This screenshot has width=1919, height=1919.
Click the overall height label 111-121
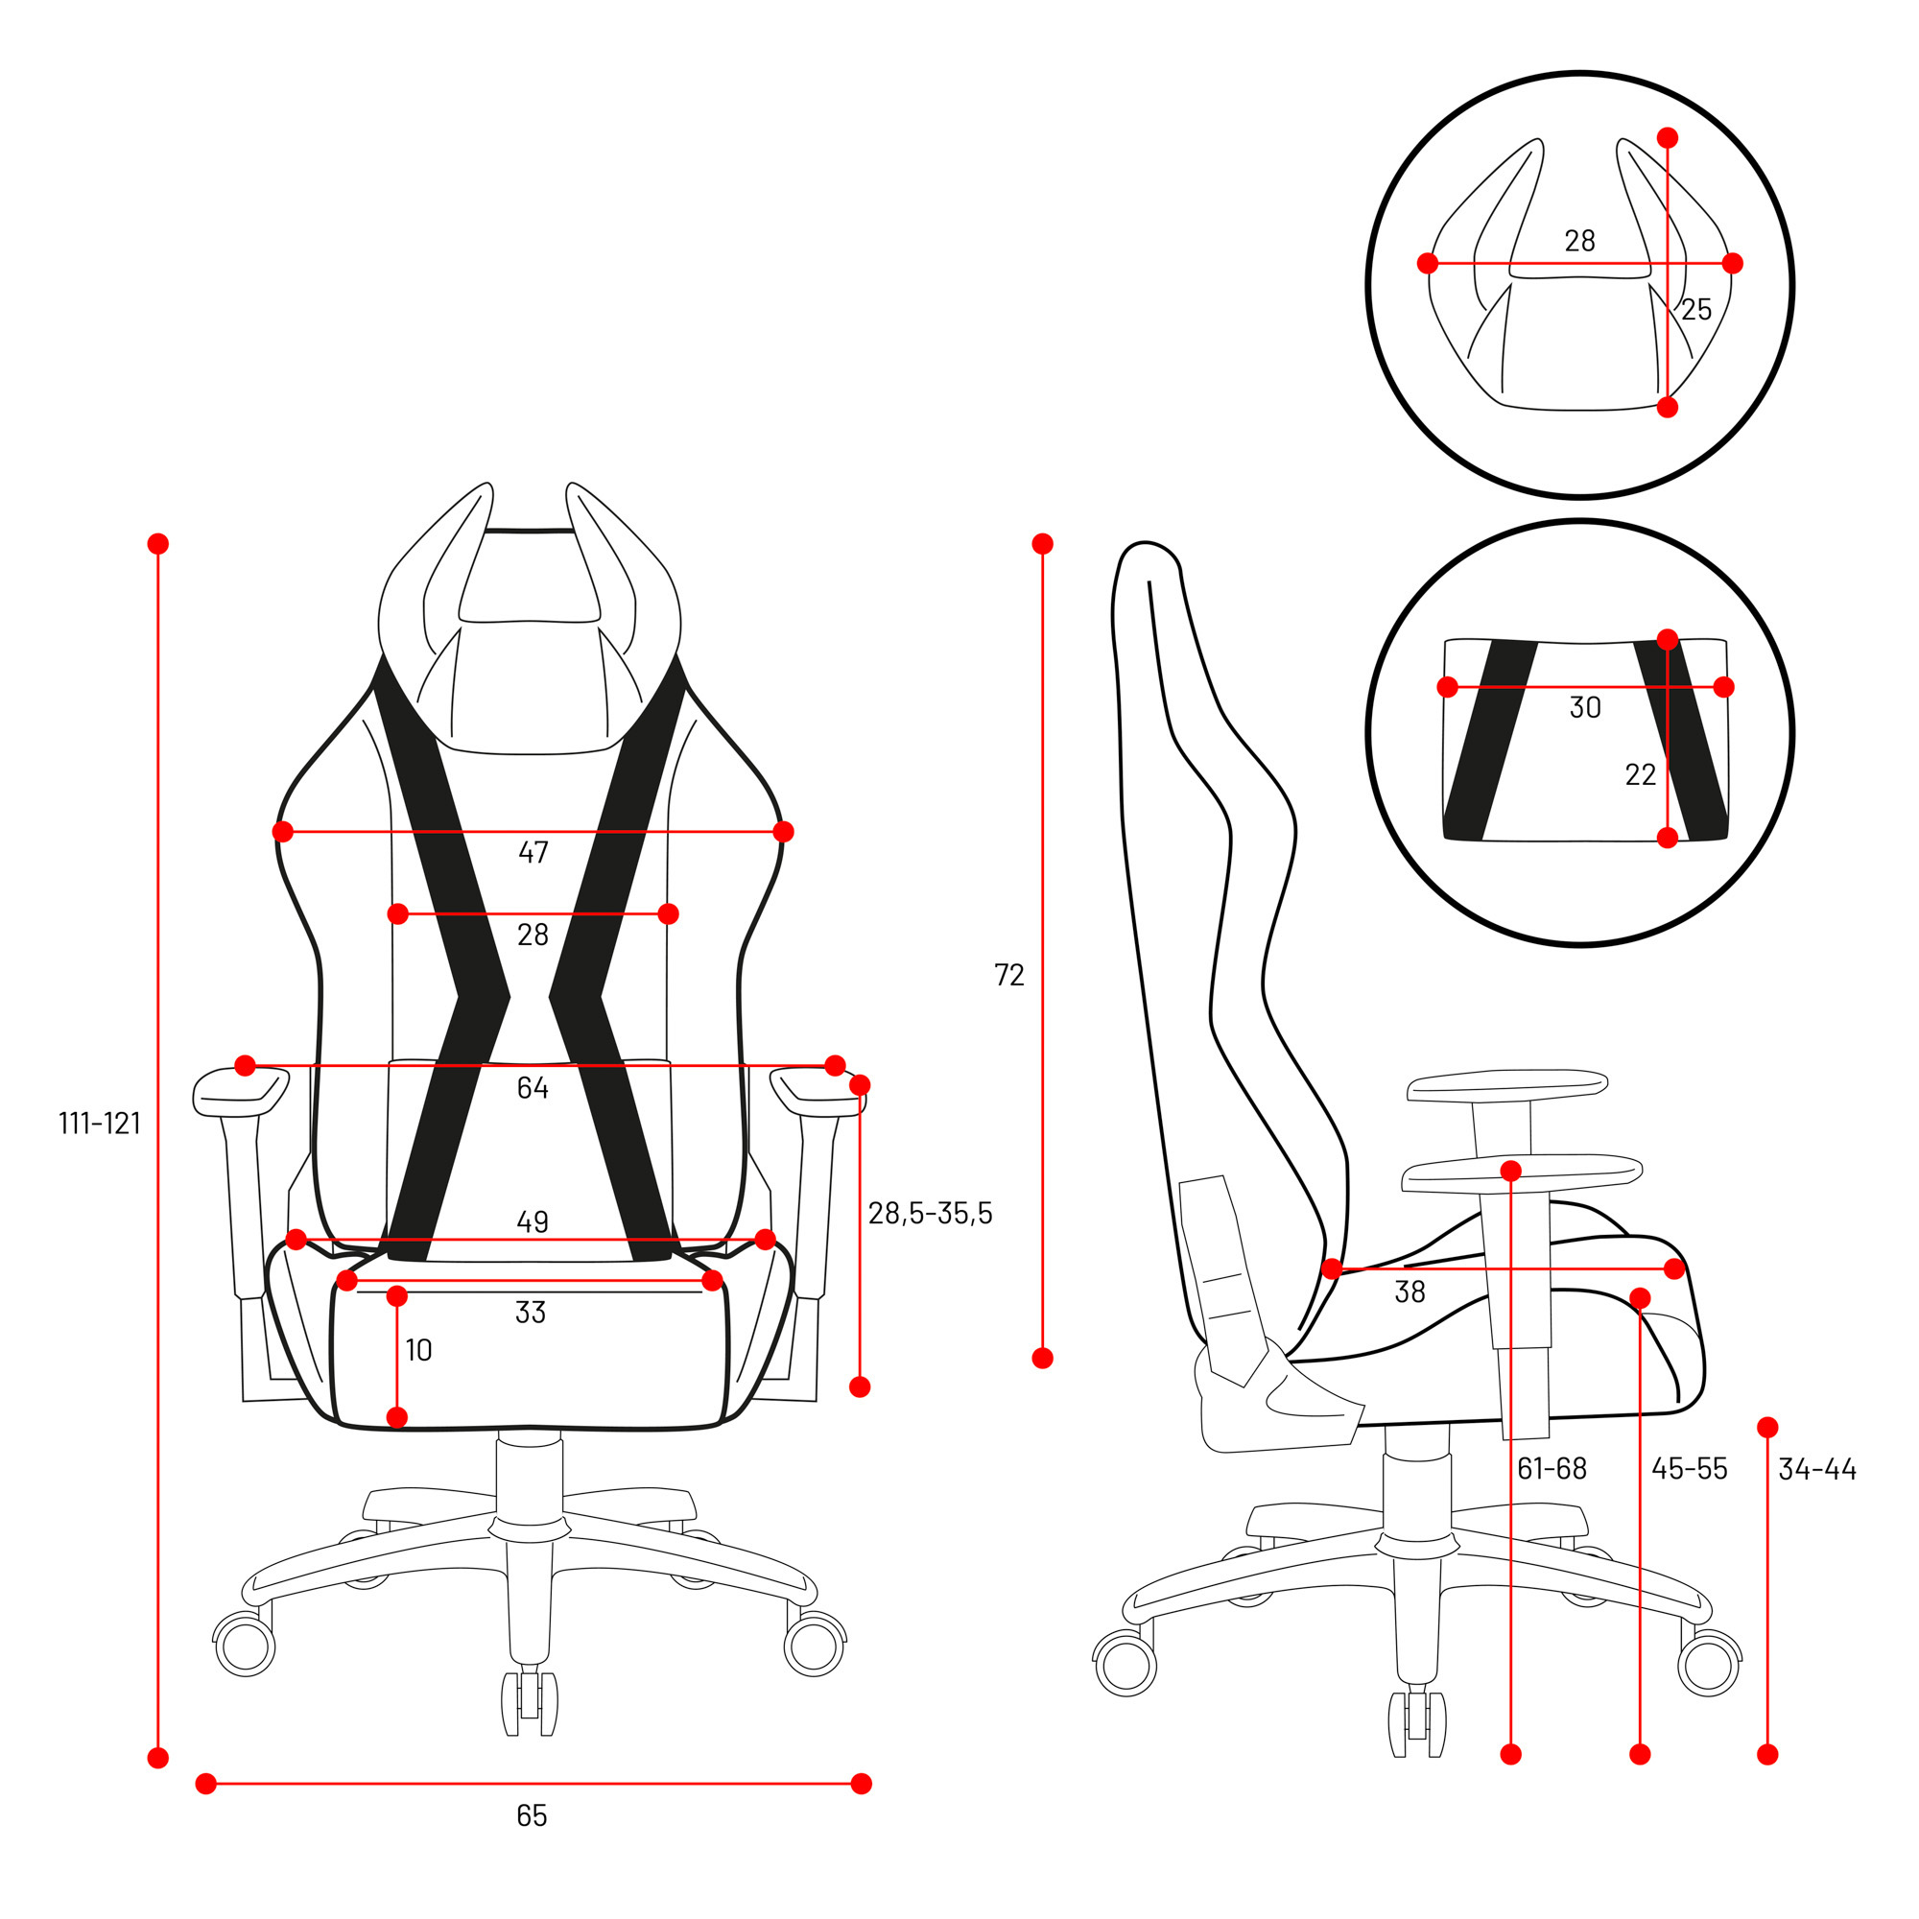tap(100, 1124)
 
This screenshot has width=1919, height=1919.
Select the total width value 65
tap(532, 1815)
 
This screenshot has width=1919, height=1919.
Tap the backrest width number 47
tap(533, 852)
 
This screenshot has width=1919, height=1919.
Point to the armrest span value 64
tap(533, 1088)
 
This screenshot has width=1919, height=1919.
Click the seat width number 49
tap(533, 1221)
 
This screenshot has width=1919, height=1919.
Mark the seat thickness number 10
tap(418, 1350)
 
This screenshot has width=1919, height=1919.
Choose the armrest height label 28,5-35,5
tap(930, 1214)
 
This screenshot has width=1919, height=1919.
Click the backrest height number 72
tap(1009, 976)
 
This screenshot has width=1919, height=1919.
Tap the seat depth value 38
tap(1410, 1292)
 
